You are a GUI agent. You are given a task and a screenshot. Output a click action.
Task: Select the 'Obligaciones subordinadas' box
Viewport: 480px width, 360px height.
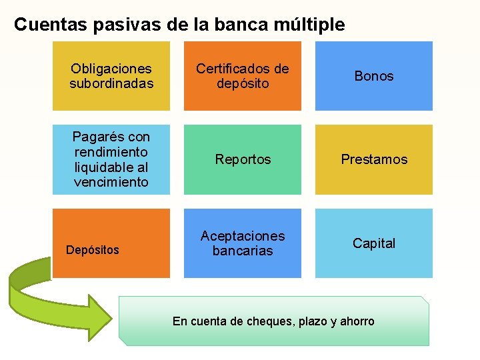point(111,76)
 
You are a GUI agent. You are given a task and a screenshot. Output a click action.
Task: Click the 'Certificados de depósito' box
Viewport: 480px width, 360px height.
point(243,76)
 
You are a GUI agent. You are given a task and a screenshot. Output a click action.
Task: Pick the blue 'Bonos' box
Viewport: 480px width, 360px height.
point(374,76)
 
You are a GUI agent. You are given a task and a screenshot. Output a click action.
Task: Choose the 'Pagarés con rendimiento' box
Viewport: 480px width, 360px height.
point(111,159)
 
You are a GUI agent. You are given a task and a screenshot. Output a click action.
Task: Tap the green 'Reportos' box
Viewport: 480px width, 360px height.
point(243,159)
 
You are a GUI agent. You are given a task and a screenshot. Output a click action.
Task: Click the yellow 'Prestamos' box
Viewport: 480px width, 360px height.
point(374,159)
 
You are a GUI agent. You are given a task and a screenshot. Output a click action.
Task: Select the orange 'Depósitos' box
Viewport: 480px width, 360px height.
point(111,243)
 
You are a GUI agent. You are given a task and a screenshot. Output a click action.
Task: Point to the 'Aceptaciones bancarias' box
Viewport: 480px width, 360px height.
point(243,243)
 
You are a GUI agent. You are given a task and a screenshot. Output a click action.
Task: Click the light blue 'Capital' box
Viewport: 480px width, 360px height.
point(374,243)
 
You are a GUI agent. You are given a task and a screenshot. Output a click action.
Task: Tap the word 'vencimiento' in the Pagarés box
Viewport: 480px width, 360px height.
point(111,182)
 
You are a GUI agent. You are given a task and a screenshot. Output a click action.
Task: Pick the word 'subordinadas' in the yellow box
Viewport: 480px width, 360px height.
point(111,83)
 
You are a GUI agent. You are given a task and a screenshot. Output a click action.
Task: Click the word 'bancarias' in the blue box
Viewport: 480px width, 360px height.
point(243,251)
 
